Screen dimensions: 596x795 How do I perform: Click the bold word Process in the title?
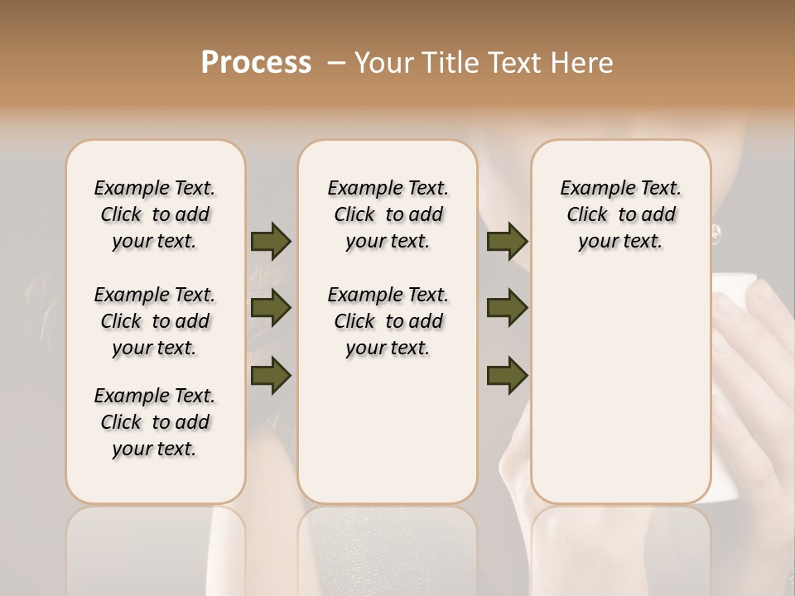pyautogui.click(x=256, y=62)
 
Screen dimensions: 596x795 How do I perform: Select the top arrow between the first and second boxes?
pyautogui.click(x=271, y=242)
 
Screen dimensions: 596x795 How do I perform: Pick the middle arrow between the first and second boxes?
pyautogui.click(x=271, y=308)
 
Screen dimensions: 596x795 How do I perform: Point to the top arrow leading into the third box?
pyautogui.click(x=507, y=242)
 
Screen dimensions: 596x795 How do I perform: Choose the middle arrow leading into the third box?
pyautogui.click(x=507, y=308)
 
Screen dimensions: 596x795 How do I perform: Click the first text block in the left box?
pyautogui.click(x=155, y=214)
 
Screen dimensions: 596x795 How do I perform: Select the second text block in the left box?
pyautogui.click(x=155, y=321)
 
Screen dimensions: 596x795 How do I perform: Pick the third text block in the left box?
pyautogui.click(x=155, y=422)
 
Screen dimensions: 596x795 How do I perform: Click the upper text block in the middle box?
pyautogui.click(x=388, y=214)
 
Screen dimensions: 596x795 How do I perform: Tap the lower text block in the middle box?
pyautogui.click(x=388, y=321)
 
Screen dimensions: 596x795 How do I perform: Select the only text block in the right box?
pyautogui.click(x=620, y=214)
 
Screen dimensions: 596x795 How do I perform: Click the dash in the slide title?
pyautogui.click(x=336, y=63)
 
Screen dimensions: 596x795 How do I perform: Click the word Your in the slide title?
pyautogui.click(x=382, y=62)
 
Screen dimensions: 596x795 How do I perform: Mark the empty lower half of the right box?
pyautogui.click(x=620, y=397)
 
